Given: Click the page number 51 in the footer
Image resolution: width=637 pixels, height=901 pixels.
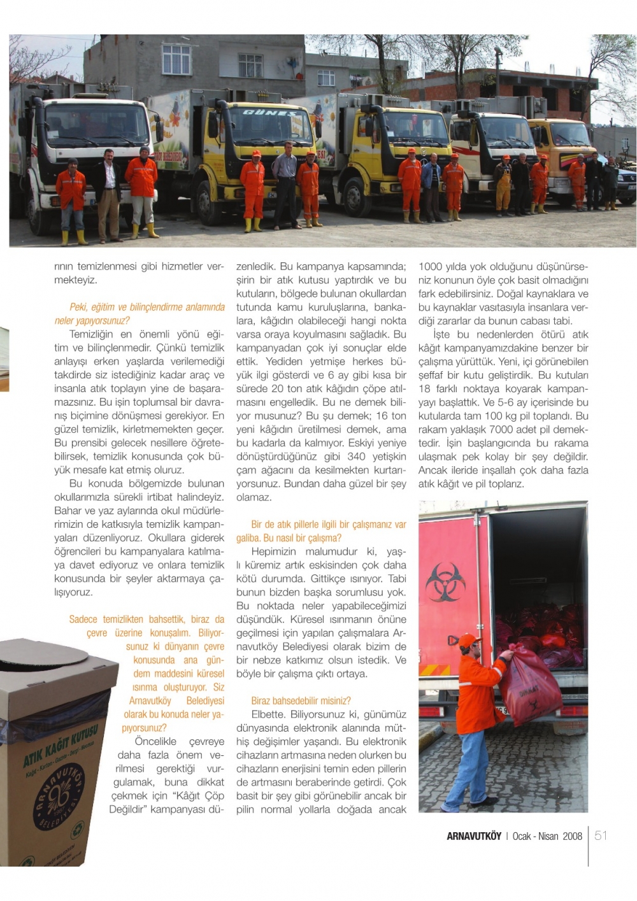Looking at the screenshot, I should pos(601,835).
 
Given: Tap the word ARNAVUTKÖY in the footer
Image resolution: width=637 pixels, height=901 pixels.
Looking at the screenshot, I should pos(474,836).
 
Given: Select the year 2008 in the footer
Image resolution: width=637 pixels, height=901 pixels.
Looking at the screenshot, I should pos(572,836).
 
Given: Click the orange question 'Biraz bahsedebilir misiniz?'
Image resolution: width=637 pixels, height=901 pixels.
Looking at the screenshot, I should pos(301,701).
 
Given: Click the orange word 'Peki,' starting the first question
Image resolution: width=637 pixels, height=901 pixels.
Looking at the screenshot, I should pos(78,307).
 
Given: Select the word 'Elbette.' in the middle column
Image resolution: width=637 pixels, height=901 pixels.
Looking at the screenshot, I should pos(268,714).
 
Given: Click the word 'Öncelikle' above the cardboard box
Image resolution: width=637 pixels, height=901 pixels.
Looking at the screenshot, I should pos(155,741).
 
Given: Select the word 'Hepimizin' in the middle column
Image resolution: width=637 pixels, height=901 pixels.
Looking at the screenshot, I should pos(275,551).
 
